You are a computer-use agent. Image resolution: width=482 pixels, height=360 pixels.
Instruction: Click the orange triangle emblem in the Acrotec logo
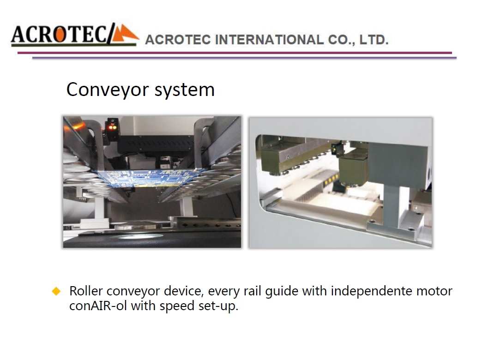[125, 33]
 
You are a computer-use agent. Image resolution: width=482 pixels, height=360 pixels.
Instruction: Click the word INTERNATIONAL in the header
[269, 40]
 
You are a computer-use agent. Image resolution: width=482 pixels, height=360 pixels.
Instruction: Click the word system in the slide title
[184, 90]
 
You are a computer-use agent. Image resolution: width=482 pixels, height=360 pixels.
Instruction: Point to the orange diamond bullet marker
[56, 291]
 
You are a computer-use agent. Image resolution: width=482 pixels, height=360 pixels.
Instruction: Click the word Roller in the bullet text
[86, 291]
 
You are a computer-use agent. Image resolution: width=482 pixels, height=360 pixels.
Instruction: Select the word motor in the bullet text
[434, 291]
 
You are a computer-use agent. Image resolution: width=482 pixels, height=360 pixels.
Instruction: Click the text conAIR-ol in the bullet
[98, 306]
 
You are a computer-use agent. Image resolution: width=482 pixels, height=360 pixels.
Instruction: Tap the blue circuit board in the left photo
[151, 178]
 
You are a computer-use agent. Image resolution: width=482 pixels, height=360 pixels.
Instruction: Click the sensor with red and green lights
[112, 126]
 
